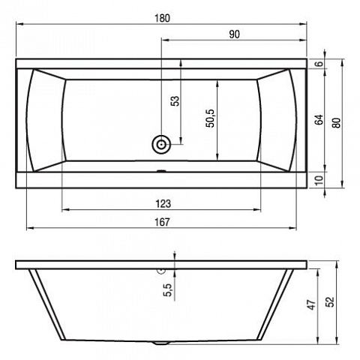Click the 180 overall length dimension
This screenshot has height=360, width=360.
tap(162, 18)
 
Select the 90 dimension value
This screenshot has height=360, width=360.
tap(234, 34)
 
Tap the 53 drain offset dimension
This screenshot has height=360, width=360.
tap(175, 101)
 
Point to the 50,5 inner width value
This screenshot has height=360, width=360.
tap(210, 118)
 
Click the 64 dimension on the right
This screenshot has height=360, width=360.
tap(319, 120)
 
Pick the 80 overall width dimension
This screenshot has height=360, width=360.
tap(337, 123)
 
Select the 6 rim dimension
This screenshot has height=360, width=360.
tap(319, 64)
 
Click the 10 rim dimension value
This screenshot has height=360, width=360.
tap(319, 180)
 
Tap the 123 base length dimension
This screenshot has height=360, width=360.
tap(163, 204)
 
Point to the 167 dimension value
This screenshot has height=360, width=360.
tap(162, 222)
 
